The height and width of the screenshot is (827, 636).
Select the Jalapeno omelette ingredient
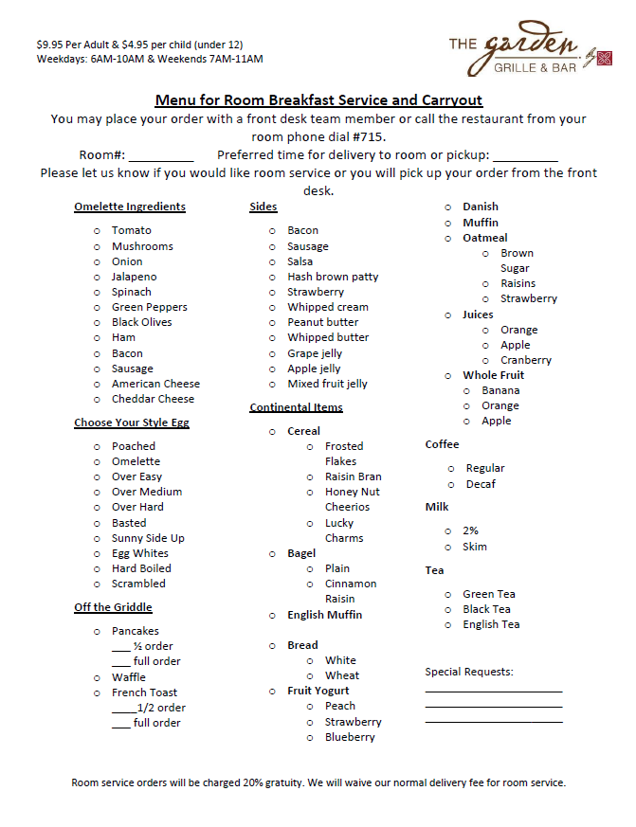[134, 277]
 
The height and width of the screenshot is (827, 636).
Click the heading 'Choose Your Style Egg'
[132, 422]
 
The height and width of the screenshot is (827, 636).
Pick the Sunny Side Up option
[148, 538]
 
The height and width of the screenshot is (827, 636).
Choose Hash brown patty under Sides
[333, 277]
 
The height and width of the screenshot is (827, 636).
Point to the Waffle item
[129, 677]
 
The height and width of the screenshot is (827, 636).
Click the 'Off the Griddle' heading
[113, 607]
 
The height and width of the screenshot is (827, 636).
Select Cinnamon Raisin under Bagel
[350, 591]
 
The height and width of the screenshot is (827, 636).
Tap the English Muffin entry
[324, 615]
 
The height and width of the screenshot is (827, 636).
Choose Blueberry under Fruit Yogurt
[350, 737]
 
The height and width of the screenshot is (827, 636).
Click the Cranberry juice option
[526, 360]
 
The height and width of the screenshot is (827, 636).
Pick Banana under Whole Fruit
[500, 390]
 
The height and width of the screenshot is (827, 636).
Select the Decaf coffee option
[481, 484]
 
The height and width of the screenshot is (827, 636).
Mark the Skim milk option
[475, 547]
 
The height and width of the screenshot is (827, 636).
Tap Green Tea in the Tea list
[489, 594]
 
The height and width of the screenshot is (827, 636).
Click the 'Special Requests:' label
[469, 672]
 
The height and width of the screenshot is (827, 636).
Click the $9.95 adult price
[53, 45]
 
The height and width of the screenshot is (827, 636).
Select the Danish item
[481, 207]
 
